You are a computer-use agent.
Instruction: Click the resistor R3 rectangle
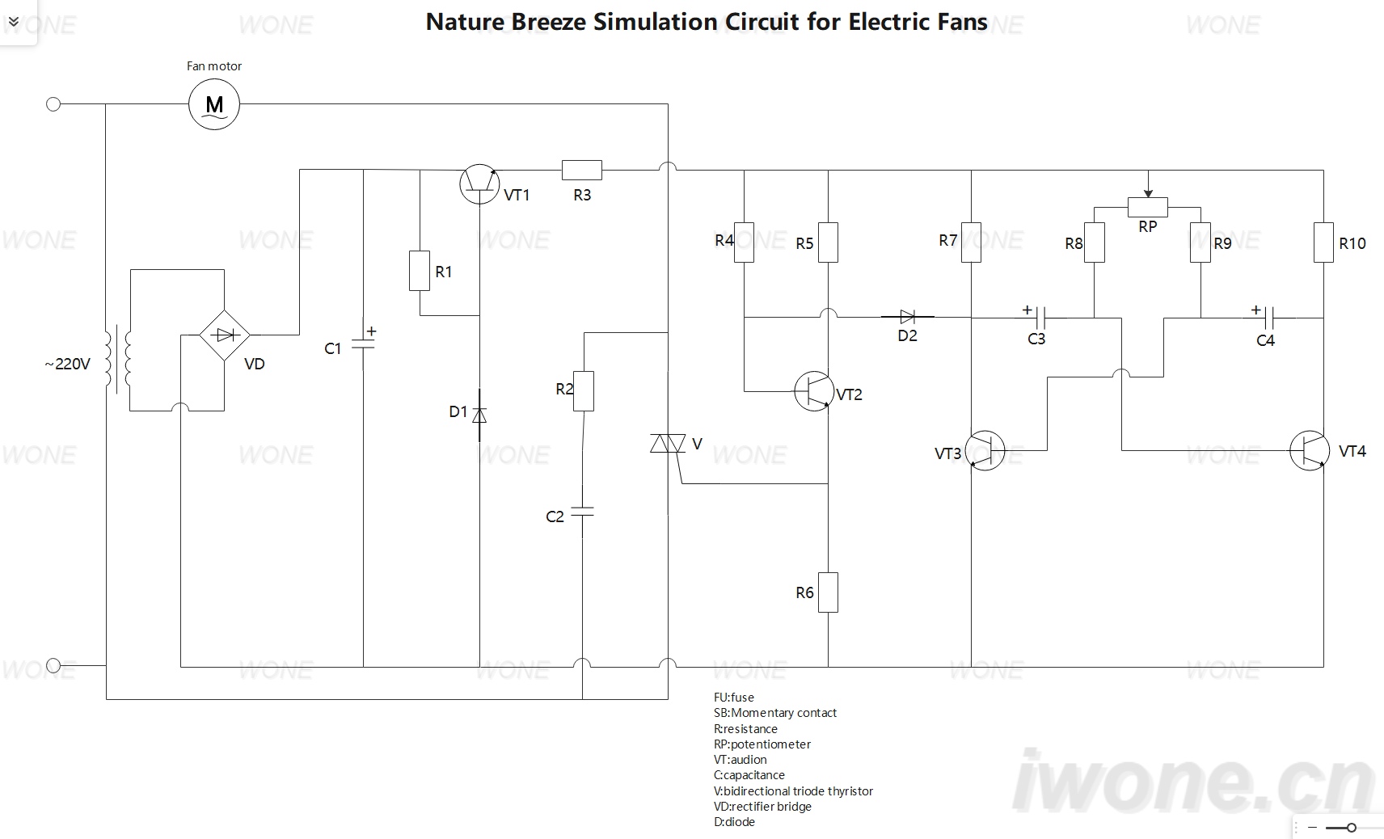581,170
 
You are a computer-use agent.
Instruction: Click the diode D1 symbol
479,415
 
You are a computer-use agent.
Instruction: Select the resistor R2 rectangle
583,391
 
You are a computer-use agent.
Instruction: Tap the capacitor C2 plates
582,512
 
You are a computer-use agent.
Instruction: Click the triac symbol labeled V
668,443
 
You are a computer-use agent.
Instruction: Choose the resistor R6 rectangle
828,592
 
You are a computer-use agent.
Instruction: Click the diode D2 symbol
907,317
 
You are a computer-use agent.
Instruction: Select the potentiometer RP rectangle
1147,207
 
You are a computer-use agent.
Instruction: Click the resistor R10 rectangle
1323,242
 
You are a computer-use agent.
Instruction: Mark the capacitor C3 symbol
1040,318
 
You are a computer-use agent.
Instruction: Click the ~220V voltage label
67,364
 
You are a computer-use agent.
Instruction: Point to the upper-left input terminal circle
53,104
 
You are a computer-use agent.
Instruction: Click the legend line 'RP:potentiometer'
762,744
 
